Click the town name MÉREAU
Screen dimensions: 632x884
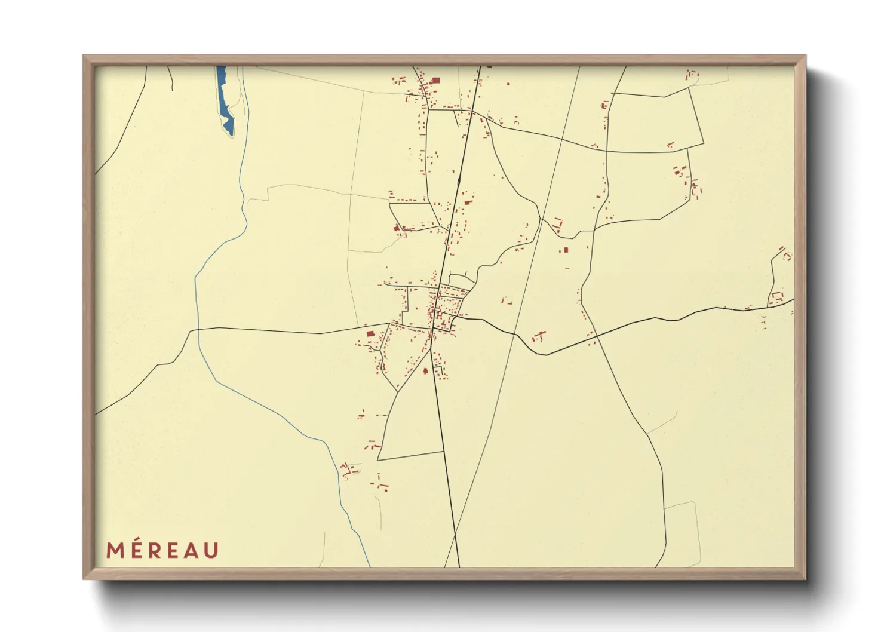(x=162, y=550)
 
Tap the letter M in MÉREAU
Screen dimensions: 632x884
(x=115, y=550)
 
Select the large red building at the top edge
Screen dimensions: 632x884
(x=435, y=80)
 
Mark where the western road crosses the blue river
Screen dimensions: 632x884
(x=196, y=329)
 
